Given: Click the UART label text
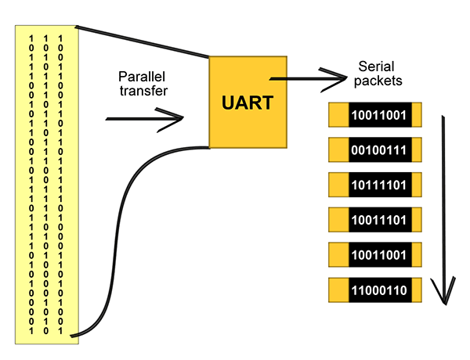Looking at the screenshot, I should [248, 103].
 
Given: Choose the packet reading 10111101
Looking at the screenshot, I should [378, 185].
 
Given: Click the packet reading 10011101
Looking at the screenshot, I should [378, 221].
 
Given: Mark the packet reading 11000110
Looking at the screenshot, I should [378, 291].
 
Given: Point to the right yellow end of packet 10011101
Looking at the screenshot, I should [417, 221].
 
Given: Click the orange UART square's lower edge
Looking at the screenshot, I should [248, 145].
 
